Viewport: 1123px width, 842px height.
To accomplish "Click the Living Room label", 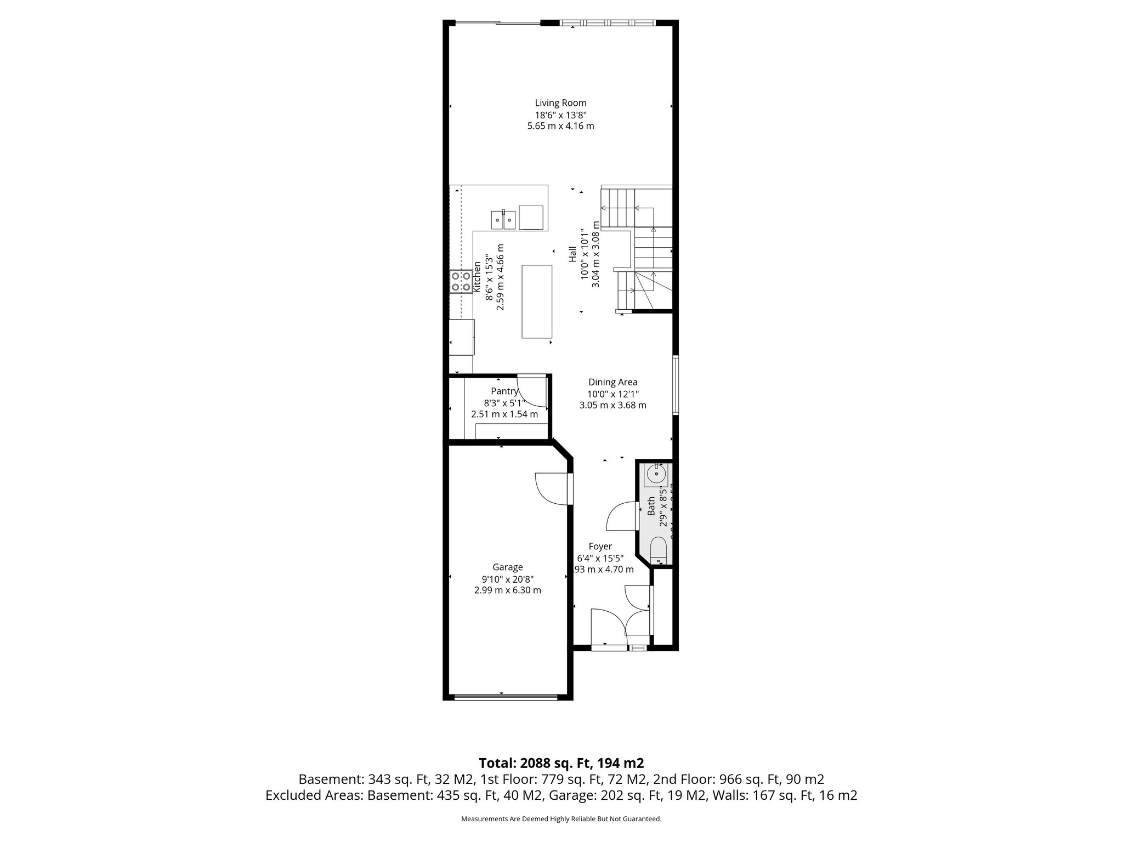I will point(560,103).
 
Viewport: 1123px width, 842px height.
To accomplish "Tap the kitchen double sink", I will point(120,220).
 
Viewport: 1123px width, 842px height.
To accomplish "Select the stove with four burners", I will point(461,282).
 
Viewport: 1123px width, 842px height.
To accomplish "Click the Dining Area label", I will point(612,383).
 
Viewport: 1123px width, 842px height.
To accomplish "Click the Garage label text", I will point(507,567).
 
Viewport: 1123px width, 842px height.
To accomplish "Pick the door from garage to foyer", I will point(553,488).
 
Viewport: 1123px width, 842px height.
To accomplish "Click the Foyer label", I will point(600,547).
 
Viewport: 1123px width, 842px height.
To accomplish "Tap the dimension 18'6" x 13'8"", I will point(560,115).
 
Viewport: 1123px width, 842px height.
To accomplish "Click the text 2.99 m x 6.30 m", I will point(507,590).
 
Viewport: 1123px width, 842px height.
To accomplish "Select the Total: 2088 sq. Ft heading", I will point(561,763).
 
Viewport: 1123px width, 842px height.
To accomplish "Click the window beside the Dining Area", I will point(676,384).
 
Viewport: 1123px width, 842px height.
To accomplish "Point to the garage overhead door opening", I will point(506,697).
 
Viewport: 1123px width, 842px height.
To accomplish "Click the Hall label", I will point(572,254).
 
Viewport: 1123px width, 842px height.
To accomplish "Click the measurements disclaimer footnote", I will point(561,819).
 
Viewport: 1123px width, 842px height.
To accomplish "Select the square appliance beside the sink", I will point(147,217).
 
